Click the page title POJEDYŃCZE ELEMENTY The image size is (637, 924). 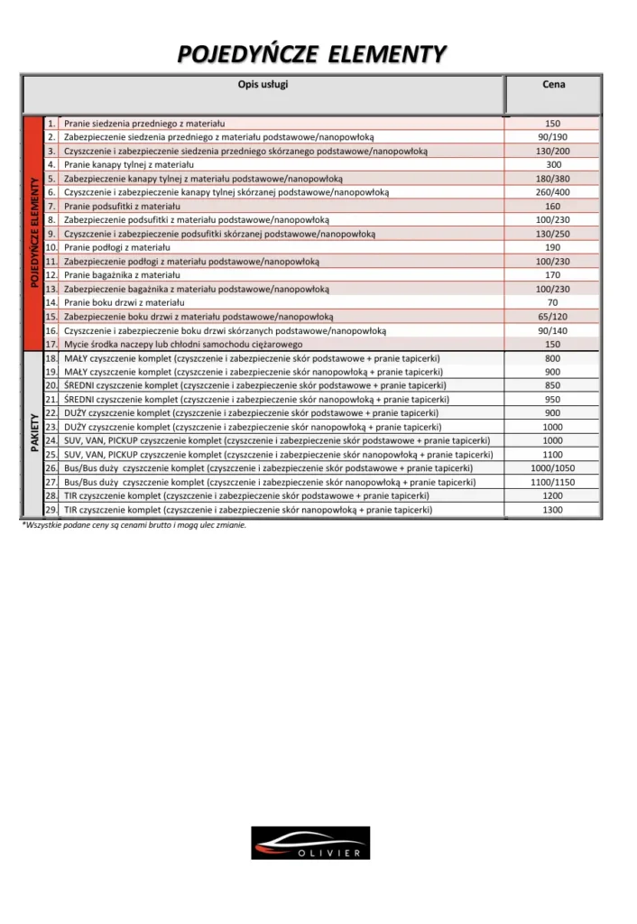[311, 55]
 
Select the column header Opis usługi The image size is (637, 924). [263, 85]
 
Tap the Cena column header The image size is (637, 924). [553, 85]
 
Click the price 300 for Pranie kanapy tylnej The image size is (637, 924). [553, 165]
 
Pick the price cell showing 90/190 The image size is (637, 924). [553, 137]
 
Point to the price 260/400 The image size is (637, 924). [553, 192]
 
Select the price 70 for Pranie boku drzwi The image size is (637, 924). [553, 303]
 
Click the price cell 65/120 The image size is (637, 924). [553, 317]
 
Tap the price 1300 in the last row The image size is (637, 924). [553, 510]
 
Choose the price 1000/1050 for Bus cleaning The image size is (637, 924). [553, 468]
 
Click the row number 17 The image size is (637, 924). [51, 345]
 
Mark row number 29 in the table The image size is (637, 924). [51, 510]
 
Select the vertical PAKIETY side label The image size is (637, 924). [33, 434]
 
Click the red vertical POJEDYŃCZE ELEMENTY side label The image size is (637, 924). [33, 233]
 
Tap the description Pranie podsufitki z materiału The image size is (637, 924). [122, 207]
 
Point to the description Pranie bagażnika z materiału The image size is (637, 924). [122, 275]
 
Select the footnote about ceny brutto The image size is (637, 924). [134, 525]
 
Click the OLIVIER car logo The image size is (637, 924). [310, 842]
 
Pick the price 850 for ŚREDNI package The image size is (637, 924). [553, 385]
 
